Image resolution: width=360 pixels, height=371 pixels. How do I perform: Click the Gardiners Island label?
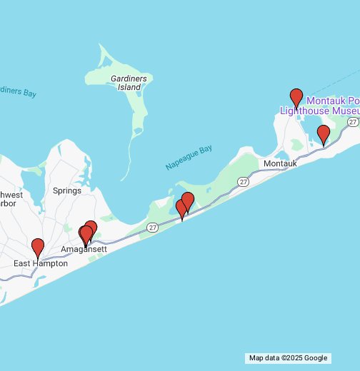click(129, 82)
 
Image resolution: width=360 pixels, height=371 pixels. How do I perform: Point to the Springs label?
click(66, 190)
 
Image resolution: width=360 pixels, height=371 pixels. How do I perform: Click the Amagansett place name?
click(84, 249)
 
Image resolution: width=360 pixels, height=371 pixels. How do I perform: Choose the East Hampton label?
click(41, 263)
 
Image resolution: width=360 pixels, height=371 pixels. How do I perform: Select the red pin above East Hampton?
click(38, 248)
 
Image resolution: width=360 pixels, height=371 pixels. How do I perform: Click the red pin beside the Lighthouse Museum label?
click(296, 98)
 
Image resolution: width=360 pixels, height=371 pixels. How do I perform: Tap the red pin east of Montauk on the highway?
click(323, 134)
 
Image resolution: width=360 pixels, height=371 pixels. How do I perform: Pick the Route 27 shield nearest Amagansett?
click(153, 227)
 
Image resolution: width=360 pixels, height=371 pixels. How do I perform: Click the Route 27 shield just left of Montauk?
click(244, 182)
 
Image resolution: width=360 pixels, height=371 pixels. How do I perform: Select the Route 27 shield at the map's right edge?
click(352, 122)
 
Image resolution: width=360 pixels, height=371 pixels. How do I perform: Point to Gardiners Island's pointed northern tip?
click(101, 46)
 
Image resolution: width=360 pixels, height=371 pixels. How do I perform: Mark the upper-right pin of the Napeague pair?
click(188, 200)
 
